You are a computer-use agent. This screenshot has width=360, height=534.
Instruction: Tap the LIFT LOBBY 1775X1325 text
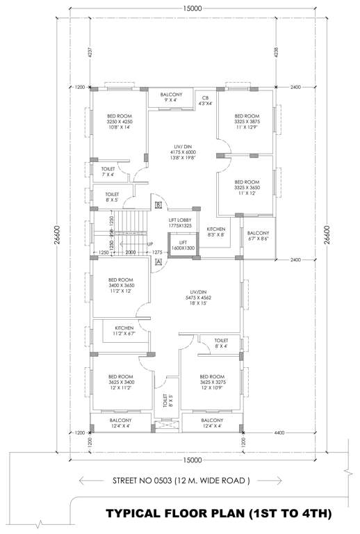coord(179,223)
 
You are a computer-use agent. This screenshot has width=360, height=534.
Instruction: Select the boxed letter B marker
coord(159,205)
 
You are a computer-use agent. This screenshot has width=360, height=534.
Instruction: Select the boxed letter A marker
coord(158,261)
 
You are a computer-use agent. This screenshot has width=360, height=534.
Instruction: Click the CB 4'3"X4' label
coord(206,101)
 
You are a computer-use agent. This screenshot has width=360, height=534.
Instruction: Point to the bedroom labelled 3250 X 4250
coord(119,122)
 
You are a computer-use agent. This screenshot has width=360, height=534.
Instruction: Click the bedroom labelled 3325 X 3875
coord(247,122)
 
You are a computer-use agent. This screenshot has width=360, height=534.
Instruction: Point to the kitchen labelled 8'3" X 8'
coord(216,232)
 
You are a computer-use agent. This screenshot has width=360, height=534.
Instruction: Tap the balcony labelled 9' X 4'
coord(172,97)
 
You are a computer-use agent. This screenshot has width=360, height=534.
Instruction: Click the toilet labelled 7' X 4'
coord(108,171)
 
